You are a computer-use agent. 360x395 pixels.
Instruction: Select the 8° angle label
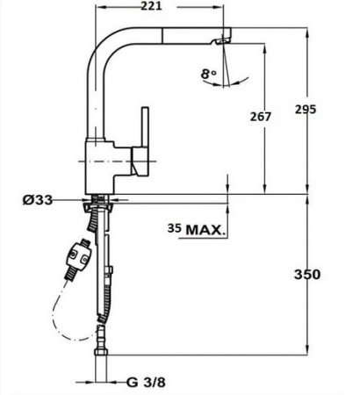pos(207,75)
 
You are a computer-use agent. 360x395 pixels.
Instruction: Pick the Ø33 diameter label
pos(39,200)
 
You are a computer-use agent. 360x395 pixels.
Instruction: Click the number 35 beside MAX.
pos(175,230)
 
